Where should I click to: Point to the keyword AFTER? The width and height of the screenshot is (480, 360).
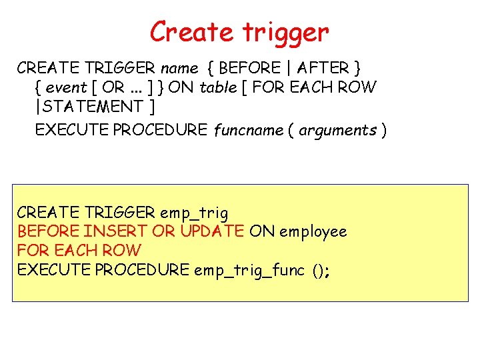(324, 68)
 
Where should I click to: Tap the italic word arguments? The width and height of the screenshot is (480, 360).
(337, 131)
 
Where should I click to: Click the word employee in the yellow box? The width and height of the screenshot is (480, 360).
(313, 231)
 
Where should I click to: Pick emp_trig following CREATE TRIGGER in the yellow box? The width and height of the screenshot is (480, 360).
(194, 213)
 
